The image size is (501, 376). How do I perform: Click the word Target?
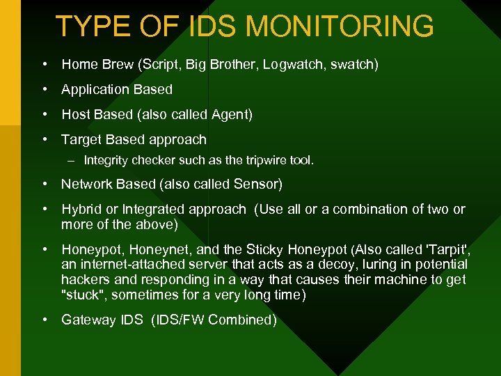pos(80,139)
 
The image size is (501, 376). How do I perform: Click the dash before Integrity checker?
pos(72,161)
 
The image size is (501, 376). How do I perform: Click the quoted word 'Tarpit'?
pos(445,249)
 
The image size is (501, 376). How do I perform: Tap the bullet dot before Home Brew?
pos(44,65)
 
